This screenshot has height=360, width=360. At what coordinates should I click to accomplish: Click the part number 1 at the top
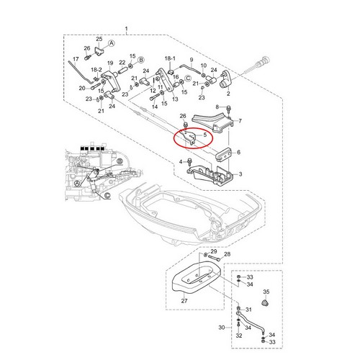127,30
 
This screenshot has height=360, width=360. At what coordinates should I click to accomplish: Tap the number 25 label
99,39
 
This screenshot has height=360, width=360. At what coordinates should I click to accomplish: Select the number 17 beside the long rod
76,59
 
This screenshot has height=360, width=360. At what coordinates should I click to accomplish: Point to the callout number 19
110,63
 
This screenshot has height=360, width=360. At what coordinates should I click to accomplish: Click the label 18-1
170,58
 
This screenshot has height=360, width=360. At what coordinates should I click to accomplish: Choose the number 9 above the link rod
192,60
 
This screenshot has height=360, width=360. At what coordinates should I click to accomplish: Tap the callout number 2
228,94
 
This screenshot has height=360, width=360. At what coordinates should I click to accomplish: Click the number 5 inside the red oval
204,135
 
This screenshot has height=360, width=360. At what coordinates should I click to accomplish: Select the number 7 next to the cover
240,121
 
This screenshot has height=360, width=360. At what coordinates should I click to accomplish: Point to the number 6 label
238,152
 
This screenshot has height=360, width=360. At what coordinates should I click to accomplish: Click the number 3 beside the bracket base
240,174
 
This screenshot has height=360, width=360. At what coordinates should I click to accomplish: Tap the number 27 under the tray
184,301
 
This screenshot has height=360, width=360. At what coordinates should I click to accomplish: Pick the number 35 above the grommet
266,292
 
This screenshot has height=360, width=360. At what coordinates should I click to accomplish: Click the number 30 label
222,328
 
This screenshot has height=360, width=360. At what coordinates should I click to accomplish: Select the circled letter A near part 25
111,43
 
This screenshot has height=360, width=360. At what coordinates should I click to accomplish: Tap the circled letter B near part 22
141,60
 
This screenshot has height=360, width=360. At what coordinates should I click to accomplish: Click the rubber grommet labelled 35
265,303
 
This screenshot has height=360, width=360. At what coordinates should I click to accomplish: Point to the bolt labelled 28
215,258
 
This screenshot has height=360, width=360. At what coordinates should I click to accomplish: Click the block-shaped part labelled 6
223,155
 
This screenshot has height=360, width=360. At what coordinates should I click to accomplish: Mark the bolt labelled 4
189,161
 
